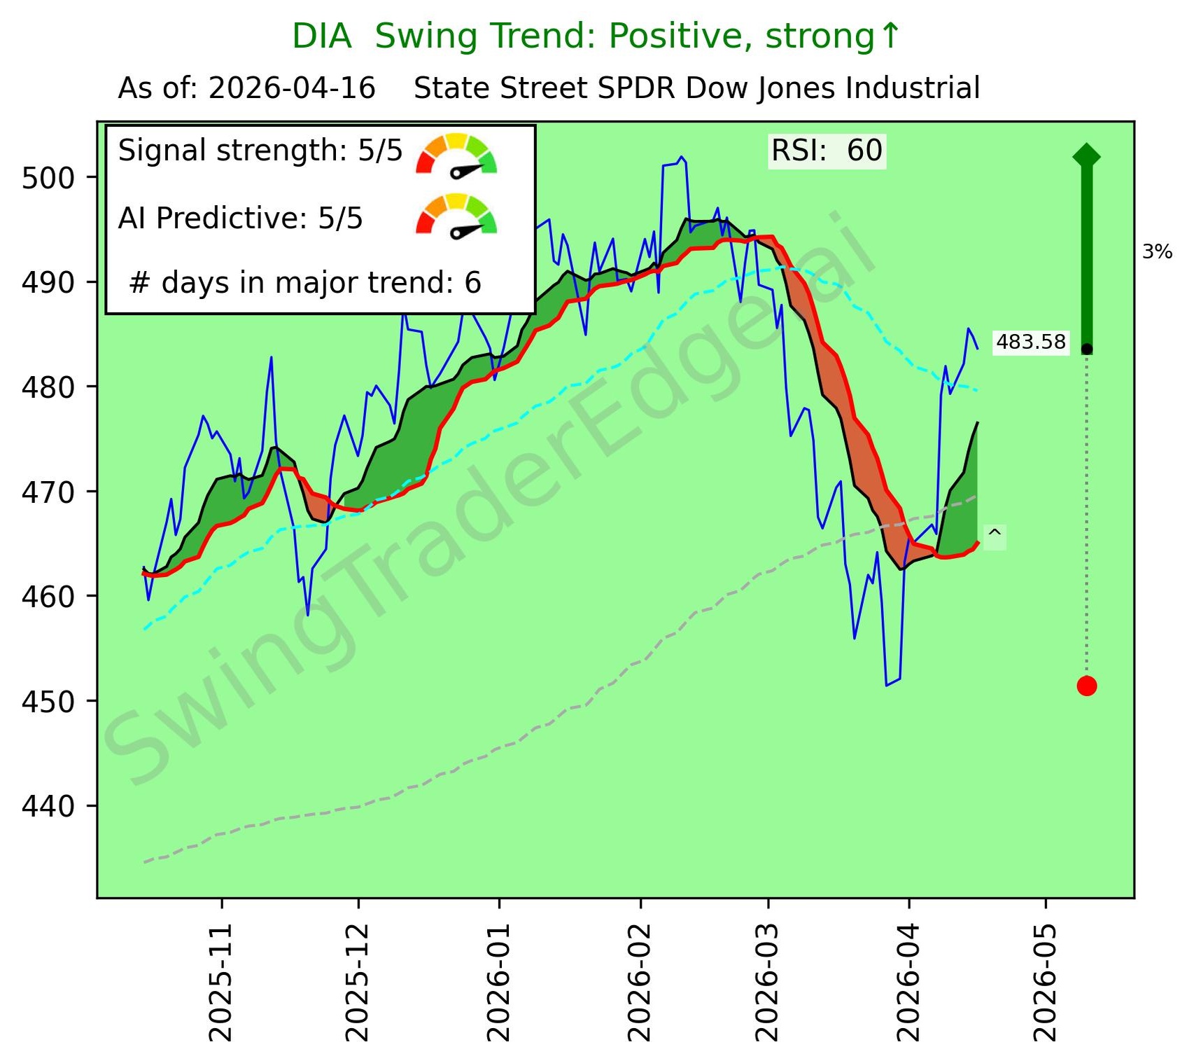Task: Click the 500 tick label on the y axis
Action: point(48,179)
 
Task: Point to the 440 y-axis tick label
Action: point(48,807)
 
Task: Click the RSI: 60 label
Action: point(827,151)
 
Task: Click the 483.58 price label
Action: point(1030,342)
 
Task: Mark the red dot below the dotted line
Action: point(1086,686)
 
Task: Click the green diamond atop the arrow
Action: point(1086,155)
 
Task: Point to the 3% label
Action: point(1157,252)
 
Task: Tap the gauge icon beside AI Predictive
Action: point(456,216)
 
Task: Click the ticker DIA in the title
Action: point(321,36)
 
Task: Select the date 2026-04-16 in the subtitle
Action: point(292,89)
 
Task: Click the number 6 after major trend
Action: point(473,283)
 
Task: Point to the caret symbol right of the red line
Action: point(995,536)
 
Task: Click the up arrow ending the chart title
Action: point(890,36)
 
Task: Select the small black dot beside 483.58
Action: point(1086,349)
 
